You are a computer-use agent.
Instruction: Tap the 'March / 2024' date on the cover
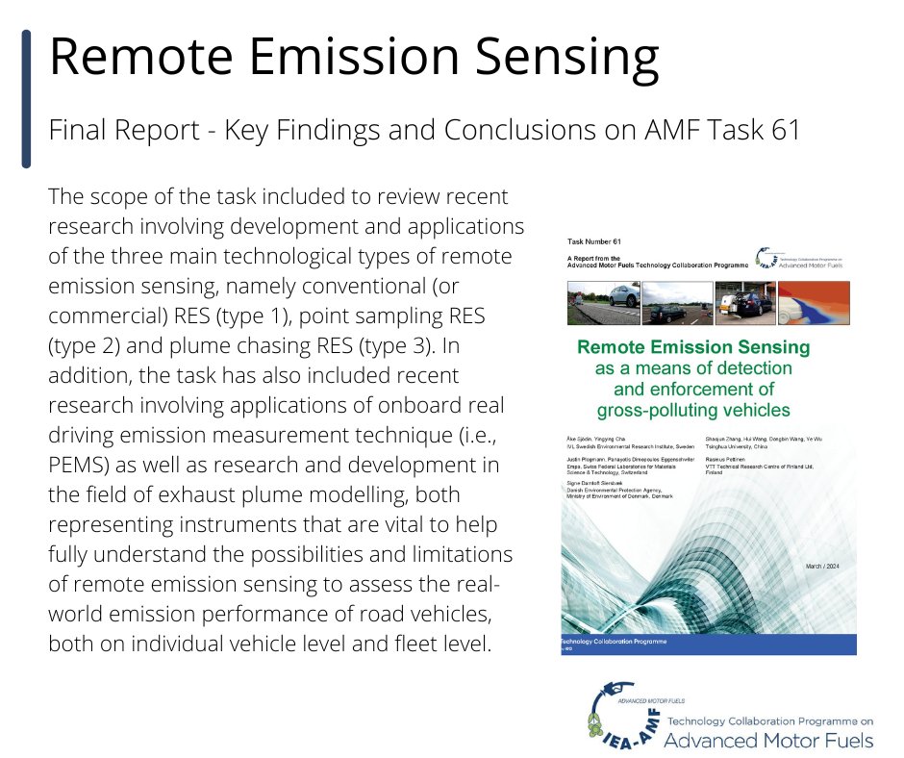point(825,567)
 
